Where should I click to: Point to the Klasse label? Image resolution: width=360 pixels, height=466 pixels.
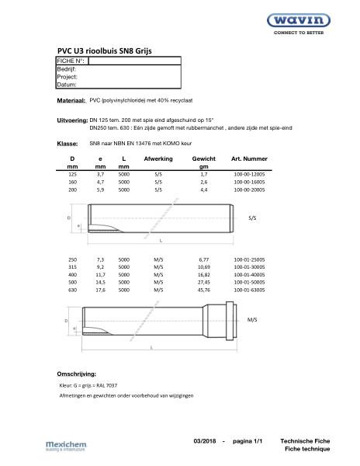(x=67, y=144)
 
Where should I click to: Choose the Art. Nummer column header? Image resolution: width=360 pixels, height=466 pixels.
(x=249, y=158)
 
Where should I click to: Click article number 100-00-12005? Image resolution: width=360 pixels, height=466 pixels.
(x=248, y=176)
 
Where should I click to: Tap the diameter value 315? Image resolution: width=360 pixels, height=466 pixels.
(x=72, y=266)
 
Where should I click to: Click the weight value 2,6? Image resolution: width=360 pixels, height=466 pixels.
(x=203, y=183)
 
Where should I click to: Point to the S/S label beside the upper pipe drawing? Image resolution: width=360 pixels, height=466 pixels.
(x=252, y=219)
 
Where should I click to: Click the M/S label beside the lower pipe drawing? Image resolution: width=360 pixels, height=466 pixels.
(x=252, y=319)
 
